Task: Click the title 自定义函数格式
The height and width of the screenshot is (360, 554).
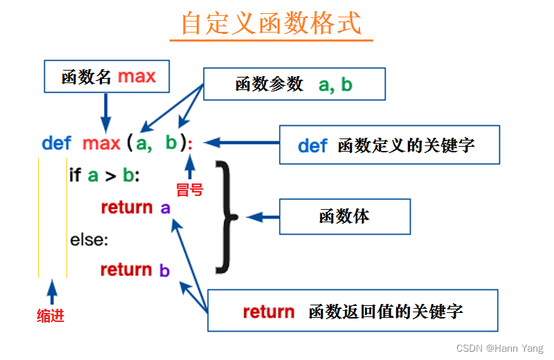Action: pos(271,23)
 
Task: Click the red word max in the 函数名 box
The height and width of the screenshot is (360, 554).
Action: pos(136,76)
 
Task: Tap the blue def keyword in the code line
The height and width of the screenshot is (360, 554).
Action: pos(56,143)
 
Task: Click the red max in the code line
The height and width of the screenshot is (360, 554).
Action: pos(101,143)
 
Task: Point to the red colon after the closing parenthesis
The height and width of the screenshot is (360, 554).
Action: pos(190,144)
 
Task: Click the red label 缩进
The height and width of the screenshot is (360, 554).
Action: pos(51,316)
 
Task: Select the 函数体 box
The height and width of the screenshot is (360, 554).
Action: pos(344,216)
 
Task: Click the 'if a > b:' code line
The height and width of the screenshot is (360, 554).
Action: pos(104,175)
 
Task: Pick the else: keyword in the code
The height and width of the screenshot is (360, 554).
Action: pos(89,240)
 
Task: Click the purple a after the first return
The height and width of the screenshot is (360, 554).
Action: pos(165,208)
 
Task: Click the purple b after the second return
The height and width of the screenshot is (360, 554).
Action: pos(164,270)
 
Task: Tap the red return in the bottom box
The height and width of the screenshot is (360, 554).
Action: pos(268,312)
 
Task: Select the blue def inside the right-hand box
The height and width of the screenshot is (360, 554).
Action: pos(312,145)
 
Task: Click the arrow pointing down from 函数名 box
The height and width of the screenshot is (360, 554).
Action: pos(106,109)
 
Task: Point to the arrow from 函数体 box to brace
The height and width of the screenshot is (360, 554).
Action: pos(262,217)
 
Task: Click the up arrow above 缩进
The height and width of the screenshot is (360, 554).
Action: pos(51,292)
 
